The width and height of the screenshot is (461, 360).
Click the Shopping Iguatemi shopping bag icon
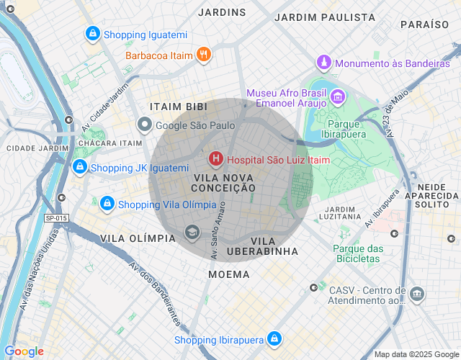click(92, 34)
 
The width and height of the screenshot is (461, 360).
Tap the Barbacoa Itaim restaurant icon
click(204, 54)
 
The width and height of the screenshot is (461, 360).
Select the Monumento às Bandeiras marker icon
click(324, 63)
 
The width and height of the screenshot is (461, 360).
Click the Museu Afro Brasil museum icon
click(336, 96)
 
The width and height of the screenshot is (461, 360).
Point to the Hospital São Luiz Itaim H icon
click(215, 158)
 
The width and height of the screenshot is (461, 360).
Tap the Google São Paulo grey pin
click(145, 125)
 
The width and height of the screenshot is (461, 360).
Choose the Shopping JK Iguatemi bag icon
click(80, 168)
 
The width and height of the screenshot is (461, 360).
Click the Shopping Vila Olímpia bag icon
click(107, 204)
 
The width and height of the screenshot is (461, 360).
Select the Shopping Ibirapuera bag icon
click(274, 338)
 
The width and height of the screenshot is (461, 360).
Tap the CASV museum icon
click(416, 294)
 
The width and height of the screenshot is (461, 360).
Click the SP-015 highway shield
click(55, 218)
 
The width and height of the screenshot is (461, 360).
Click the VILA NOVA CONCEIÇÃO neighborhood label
click(224, 182)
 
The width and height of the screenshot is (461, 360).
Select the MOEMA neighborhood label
click(229, 274)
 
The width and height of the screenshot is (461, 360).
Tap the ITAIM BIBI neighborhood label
click(178, 107)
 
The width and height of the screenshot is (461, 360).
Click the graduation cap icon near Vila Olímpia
click(192, 231)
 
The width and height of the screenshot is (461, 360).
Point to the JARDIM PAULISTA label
click(325, 17)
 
